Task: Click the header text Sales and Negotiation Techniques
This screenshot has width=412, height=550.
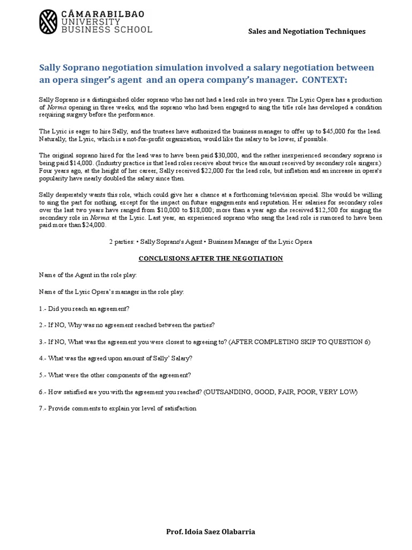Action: click(x=306, y=31)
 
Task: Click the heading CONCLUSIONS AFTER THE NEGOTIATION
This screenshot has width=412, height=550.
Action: click(x=210, y=258)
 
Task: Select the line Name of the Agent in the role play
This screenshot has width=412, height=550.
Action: click(x=88, y=275)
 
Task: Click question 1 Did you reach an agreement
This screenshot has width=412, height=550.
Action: click(x=84, y=308)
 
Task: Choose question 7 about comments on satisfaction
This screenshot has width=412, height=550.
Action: click(x=117, y=408)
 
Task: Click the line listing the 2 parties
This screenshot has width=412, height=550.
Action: click(x=210, y=242)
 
